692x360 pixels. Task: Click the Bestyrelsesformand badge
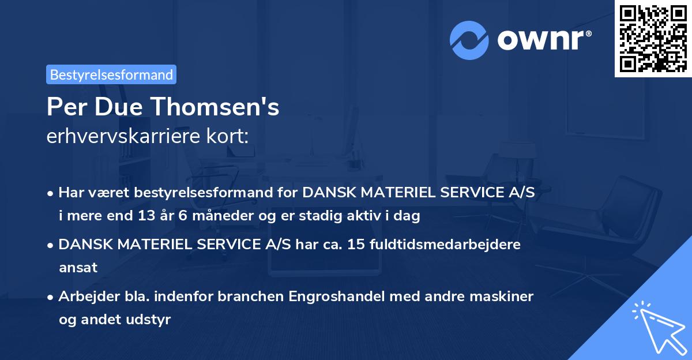click(111, 74)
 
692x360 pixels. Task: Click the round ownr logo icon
click(469, 40)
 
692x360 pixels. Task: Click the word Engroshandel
click(334, 296)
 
